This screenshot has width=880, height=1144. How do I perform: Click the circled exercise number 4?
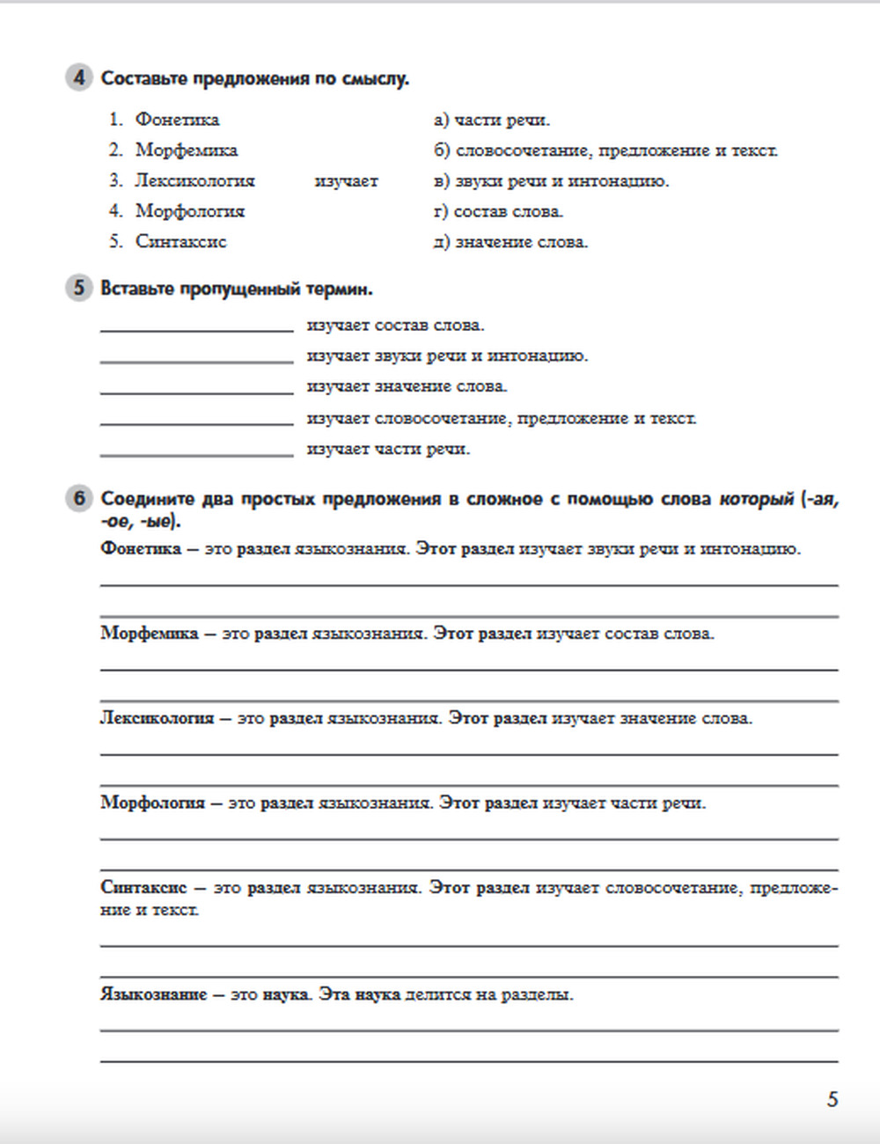(78, 77)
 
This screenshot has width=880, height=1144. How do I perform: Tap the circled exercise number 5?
(78, 288)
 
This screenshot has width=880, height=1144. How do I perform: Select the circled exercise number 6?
(78, 498)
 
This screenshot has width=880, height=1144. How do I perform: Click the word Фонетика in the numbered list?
(177, 120)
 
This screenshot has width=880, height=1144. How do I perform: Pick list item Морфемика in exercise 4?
(186, 150)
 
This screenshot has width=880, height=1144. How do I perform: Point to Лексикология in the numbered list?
(194, 180)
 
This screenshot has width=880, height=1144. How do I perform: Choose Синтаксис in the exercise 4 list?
(180, 241)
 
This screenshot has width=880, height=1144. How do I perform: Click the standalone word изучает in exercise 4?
(346, 180)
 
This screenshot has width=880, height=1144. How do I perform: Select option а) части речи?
(491, 120)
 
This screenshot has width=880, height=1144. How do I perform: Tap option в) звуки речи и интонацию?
(551, 180)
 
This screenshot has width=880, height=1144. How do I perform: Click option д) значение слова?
(510, 241)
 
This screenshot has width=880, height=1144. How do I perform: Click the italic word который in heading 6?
(756, 499)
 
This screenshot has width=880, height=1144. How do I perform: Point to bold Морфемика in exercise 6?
(150, 634)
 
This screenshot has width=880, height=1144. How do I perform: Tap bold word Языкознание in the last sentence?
(154, 994)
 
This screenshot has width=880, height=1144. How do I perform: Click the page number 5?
(832, 1099)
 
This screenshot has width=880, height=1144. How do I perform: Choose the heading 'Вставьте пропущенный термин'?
(237, 289)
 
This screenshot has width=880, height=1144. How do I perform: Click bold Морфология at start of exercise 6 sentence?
(152, 803)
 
